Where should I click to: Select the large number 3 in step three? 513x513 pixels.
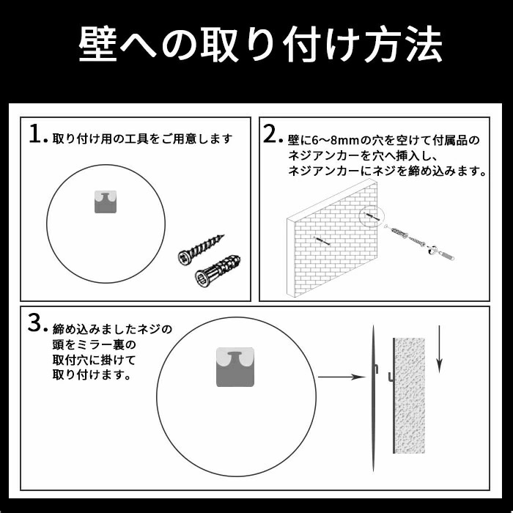click(34, 322)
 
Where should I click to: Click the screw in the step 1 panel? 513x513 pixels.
click(201, 250)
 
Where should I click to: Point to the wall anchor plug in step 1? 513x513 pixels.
click(218, 271)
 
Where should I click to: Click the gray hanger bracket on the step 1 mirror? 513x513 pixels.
click(106, 202)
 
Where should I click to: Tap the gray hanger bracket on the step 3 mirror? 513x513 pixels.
click(235, 367)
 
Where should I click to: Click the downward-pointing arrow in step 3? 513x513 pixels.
click(440, 350)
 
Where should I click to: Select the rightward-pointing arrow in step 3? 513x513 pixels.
click(342, 377)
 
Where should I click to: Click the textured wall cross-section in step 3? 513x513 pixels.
click(410, 396)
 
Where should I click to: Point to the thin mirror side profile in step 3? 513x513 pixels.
click(373, 398)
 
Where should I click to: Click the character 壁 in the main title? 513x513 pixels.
click(97, 44)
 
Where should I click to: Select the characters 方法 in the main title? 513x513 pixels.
click(403, 44)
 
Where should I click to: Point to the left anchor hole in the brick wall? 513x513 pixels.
click(321, 241)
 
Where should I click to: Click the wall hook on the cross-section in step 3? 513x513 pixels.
click(391, 377)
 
